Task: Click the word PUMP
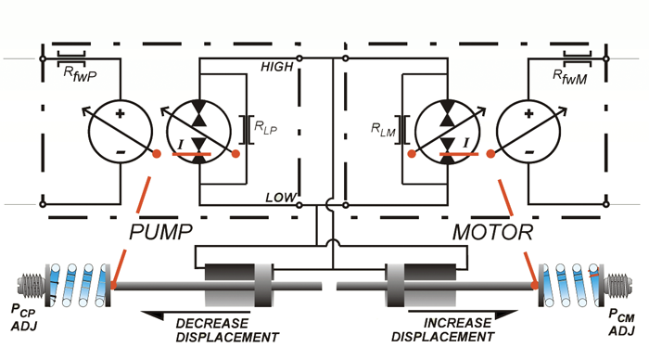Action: click(160, 232)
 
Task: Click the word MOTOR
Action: click(492, 232)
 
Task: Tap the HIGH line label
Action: click(277, 67)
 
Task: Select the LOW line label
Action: click(281, 198)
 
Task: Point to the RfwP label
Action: click(80, 74)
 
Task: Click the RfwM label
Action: click(570, 77)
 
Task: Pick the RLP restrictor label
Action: click(265, 127)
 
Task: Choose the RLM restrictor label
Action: click(383, 130)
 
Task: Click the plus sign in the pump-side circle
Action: click(120, 113)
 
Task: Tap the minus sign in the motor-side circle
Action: click(529, 152)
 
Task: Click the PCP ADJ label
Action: click(23, 317)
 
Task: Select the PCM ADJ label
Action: click(622, 322)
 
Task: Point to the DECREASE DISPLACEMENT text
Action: click(227, 330)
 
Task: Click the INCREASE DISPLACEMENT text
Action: click(443, 329)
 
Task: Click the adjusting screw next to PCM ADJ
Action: click(618, 286)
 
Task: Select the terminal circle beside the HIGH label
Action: click(299, 58)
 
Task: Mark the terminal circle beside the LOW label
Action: click(299, 205)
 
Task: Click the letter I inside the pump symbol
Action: click(180, 145)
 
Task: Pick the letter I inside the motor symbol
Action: click(466, 143)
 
